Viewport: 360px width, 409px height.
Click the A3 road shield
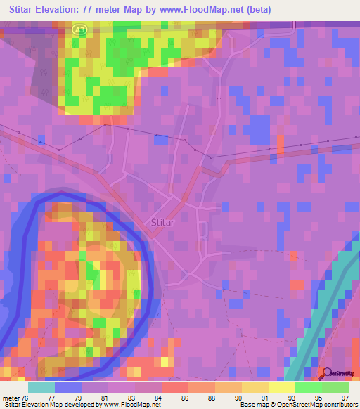[x=79, y=29]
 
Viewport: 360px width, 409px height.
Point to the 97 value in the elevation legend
[x=346, y=396]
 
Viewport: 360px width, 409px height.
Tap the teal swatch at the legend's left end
[x=41, y=387]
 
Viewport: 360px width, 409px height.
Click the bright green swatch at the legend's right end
[x=335, y=387]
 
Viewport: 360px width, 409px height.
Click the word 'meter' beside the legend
[x=11, y=396]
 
